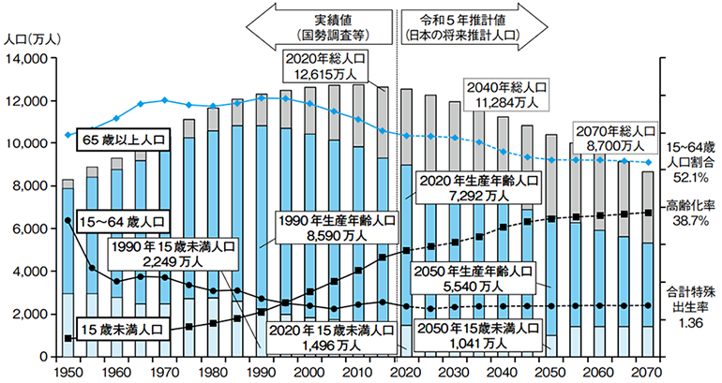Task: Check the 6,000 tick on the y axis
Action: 30,228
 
